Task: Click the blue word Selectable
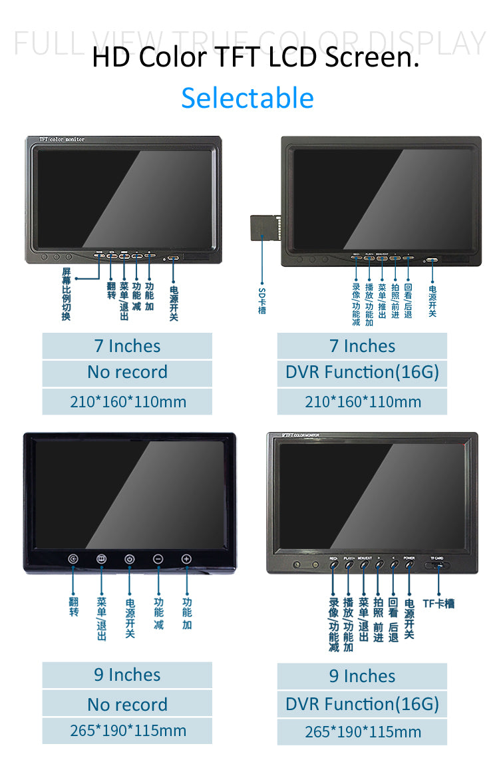(x=248, y=98)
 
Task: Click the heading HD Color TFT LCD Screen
(x=255, y=57)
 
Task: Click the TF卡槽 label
(x=438, y=604)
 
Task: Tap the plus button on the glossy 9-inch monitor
(x=186, y=560)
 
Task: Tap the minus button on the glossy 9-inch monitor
(x=158, y=560)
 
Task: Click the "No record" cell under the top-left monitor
(x=127, y=373)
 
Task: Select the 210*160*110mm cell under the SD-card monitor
(x=362, y=402)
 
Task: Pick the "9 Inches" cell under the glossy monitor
(x=127, y=675)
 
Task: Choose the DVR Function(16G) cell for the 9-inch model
(x=362, y=704)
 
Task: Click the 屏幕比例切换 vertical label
(x=66, y=293)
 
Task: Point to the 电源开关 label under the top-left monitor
(x=174, y=303)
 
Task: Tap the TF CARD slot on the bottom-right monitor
(x=437, y=566)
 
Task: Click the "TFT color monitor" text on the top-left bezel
(x=62, y=140)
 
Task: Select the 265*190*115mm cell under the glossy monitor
(x=127, y=731)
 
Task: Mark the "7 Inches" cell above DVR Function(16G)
(x=362, y=346)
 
